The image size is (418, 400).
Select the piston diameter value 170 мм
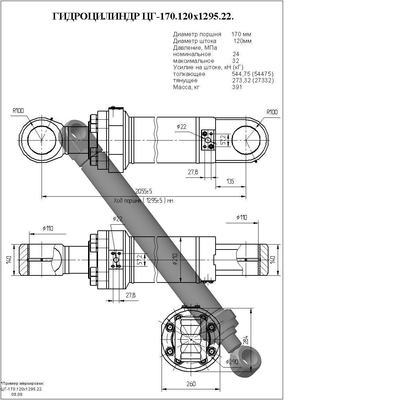click(x=241, y=34)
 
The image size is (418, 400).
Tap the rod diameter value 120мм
click(x=242, y=41)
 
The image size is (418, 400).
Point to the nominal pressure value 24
click(x=236, y=54)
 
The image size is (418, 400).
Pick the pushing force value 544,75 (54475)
click(x=253, y=74)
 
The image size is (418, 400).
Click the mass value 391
click(x=237, y=87)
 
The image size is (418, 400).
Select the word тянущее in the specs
click(x=185, y=81)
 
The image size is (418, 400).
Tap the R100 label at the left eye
click(x=18, y=111)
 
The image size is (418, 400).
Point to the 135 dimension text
click(x=230, y=181)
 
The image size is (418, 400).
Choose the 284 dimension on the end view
click(x=246, y=340)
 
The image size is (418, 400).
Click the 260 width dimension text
click(x=191, y=384)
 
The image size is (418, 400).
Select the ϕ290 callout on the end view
click(x=232, y=362)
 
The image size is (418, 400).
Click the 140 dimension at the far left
click(x=9, y=260)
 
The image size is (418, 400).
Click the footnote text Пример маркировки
click(x=23, y=383)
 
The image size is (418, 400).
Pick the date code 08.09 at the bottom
click(x=17, y=394)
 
